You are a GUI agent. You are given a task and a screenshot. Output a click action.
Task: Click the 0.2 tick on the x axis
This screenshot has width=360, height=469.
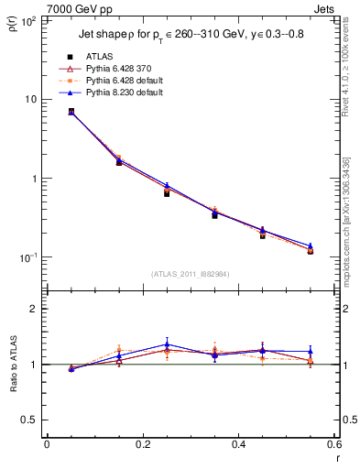(142, 444)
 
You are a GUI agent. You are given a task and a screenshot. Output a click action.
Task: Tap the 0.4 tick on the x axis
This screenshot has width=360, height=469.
(238, 444)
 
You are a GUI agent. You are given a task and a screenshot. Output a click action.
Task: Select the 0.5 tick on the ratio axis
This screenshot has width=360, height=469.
(30, 420)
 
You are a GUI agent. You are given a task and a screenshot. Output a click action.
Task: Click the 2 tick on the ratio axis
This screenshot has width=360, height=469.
(35, 310)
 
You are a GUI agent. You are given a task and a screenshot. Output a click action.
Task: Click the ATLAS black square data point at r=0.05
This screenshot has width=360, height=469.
(71, 112)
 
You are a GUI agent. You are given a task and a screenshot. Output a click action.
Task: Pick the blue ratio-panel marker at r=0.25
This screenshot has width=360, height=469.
(167, 344)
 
